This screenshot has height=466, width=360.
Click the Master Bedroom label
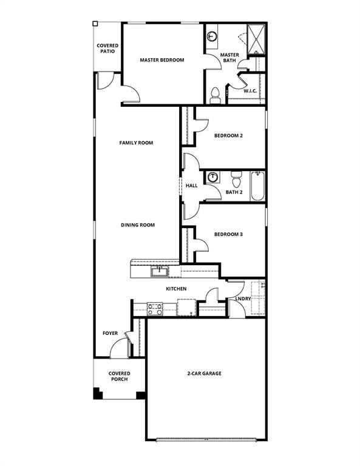(161, 60)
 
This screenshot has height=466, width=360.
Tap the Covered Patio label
(107, 49)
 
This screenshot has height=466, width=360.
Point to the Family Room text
(136, 143)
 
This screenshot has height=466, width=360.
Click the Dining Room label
(138, 225)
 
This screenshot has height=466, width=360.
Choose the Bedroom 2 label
(228, 136)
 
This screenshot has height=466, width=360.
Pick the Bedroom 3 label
(228, 234)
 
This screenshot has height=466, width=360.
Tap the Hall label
(192, 186)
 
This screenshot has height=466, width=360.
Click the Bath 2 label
(234, 193)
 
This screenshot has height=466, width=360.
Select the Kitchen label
(176, 289)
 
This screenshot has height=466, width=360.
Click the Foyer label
(110, 334)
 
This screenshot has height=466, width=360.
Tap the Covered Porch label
(119, 377)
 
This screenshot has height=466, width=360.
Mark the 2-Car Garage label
(204, 374)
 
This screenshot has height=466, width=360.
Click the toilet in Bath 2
(237, 180)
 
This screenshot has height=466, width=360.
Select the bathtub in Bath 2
(258, 186)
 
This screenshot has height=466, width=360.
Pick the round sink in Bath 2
(213, 178)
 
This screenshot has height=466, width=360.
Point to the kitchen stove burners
(155, 309)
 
